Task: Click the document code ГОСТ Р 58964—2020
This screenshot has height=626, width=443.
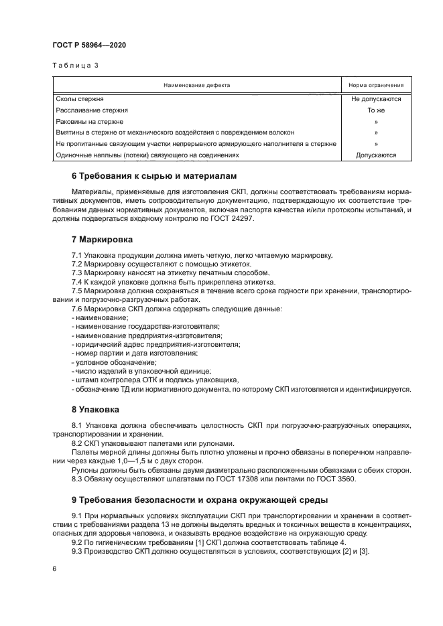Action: tap(88, 45)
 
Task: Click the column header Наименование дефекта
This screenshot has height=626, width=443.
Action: tap(197, 86)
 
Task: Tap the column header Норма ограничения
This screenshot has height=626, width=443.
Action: tap(376, 86)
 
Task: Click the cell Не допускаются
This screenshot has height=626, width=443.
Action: tap(376, 98)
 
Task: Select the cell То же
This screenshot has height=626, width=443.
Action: tap(376, 110)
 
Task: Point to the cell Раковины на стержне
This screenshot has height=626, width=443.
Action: tap(89, 121)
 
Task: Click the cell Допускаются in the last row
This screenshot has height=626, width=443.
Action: tap(376, 155)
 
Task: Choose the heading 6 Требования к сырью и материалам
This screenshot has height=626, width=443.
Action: tap(154, 176)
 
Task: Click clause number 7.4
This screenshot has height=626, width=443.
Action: tap(78, 283)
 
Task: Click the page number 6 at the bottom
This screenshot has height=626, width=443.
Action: tap(54, 568)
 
